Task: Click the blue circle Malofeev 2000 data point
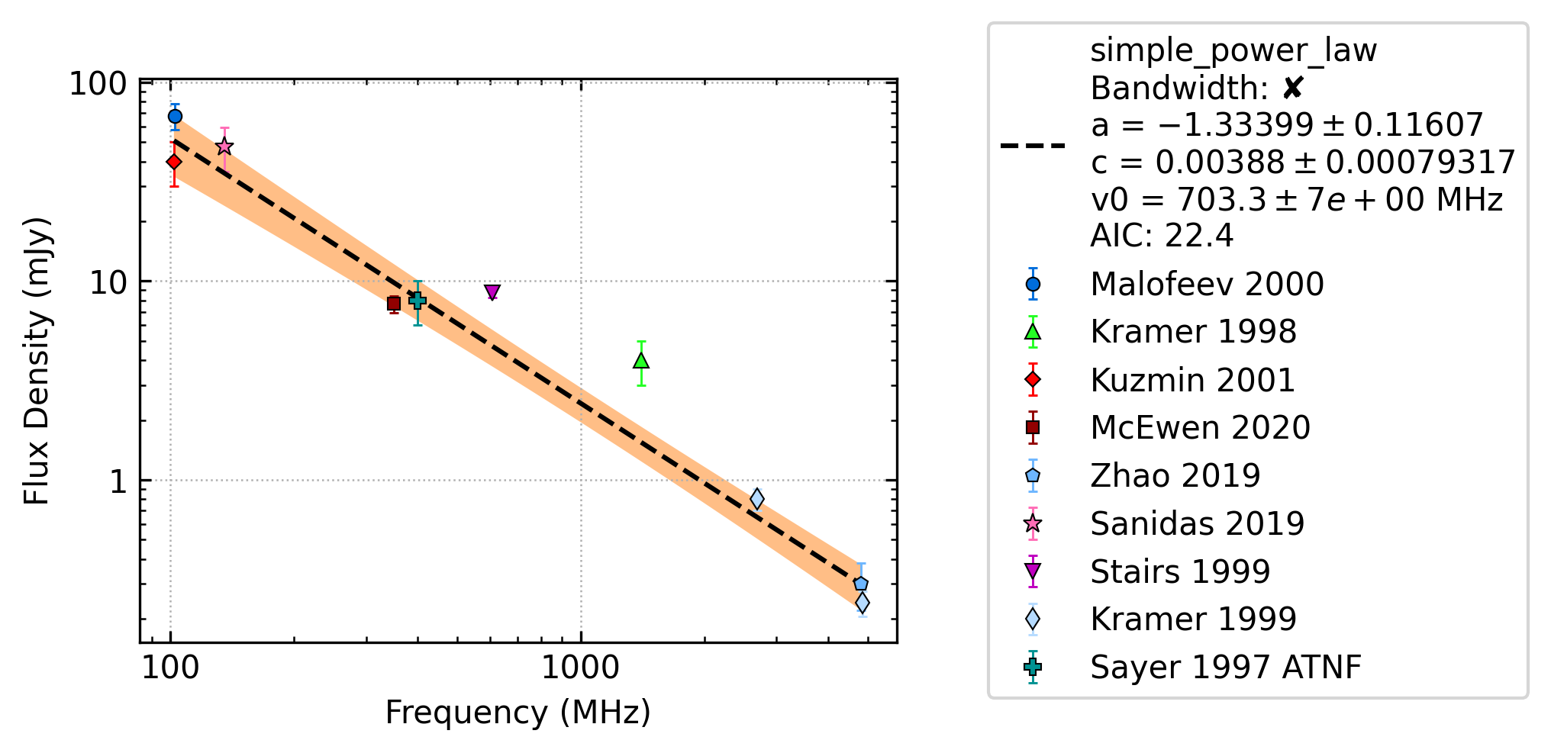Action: click(x=175, y=117)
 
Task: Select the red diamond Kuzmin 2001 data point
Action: click(x=174, y=162)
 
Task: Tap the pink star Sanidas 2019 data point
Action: click(x=224, y=146)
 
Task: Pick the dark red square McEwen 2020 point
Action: click(x=394, y=304)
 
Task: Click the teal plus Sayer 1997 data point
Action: click(x=418, y=301)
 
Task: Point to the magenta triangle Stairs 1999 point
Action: click(x=492, y=292)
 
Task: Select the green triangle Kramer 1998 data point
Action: click(x=641, y=360)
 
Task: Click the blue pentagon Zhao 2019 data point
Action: click(x=861, y=584)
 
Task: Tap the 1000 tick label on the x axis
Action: click(x=580, y=668)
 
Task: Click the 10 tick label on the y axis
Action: click(x=108, y=283)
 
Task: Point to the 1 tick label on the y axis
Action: click(x=118, y=482)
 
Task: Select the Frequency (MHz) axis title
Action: click(x=518, y=713)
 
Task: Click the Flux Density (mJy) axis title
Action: click(x=36, y=361)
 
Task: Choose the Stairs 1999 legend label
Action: click(x=1180, y=571)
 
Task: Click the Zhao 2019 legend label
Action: click(x=1175, y=475)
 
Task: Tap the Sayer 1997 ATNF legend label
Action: click(x=1226, y=667)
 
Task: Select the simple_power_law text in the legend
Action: click(x=1233, y=51)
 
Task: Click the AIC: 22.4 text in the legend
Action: click(x=1162, y=236)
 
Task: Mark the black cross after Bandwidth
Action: click(x=1292, y=88)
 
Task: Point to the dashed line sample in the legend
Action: click(x=1033, y=145)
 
